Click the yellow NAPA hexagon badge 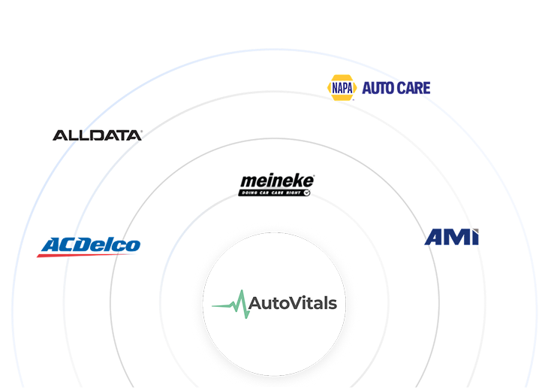tap(341, 87)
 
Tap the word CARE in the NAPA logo tap(414, 88)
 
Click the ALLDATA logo tap(97, 135)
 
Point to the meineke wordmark tap(277, 181)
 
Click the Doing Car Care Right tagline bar tap(274, 193)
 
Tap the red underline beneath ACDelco tap(87, 255)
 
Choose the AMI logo tap(452, 238)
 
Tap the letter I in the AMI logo tap(474, 238)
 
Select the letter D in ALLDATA tap(94, 135)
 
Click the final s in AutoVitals tap(332, 305)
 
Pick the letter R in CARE tap(419, 88)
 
